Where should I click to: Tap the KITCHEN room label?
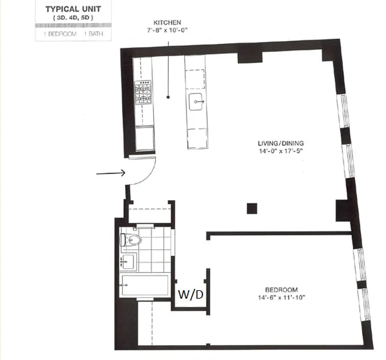[168, 22]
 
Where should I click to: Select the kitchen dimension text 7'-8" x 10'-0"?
[168, 30]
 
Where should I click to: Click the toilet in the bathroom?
[132, 239]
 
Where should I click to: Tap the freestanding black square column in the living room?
[251, 208]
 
